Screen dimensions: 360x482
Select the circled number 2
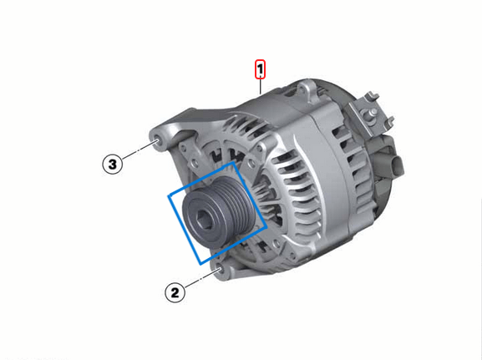[174, 292]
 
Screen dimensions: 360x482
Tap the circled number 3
[113, 163]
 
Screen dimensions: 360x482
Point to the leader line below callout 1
[261, 85]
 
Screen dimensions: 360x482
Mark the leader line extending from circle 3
[138, 152]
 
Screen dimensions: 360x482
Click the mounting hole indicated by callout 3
[156, 138]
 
